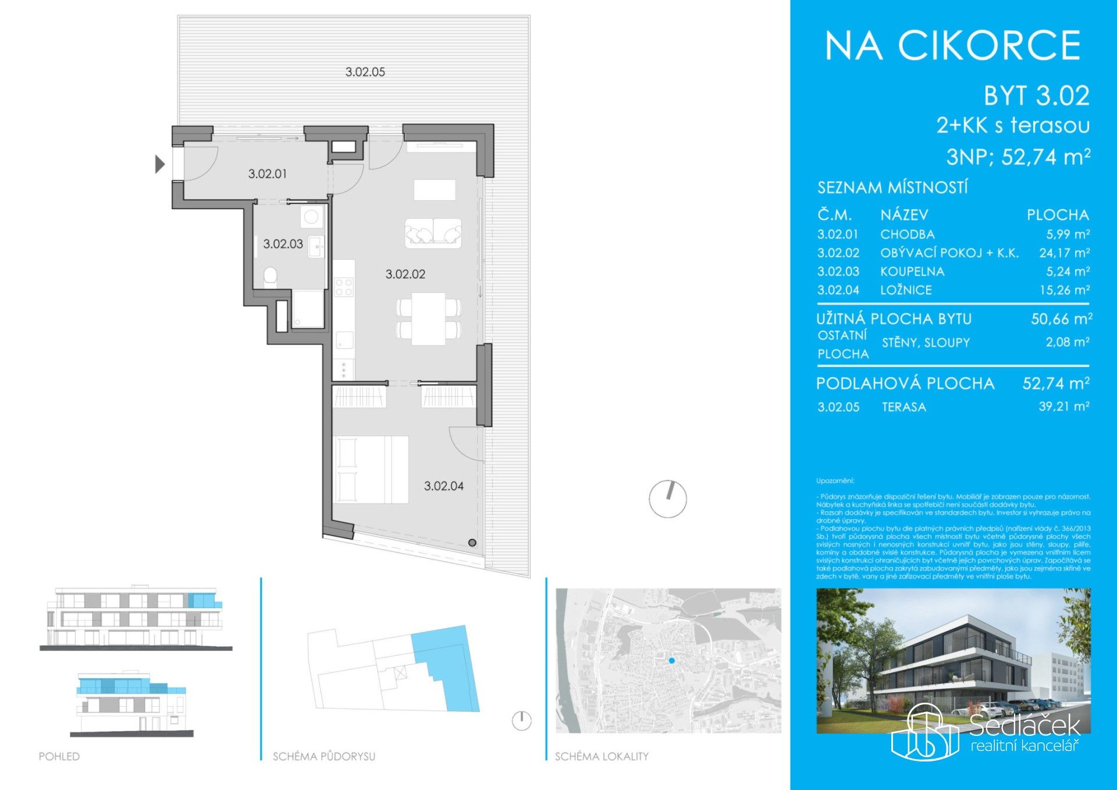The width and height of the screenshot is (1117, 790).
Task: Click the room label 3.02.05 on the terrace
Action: pos(365,72)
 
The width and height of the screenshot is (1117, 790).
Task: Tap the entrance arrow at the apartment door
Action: pos(159,164)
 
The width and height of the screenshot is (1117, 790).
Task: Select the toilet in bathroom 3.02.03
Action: pos(271,277)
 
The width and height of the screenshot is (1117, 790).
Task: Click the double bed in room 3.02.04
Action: pos(370,469)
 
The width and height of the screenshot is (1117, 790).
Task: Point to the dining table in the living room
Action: pos(429,319)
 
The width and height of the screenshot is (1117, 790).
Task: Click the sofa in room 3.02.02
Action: pos(433,233)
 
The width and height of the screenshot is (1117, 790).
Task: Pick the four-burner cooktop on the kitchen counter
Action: pos(344,286)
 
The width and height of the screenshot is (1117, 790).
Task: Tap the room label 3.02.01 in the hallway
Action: pos(267,173)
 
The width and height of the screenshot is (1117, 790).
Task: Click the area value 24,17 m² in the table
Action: pos(1064,253)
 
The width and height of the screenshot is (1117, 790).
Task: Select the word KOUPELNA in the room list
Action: pos(912,271)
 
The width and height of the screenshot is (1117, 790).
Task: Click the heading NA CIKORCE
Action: pos(952,46)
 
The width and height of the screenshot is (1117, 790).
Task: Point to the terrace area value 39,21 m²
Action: pos(1063,406)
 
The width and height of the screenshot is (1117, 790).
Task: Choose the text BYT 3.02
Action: pos(1036,96)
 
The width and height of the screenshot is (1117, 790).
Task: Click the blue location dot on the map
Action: pos(671,661)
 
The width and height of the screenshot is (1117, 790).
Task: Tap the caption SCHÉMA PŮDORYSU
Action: pos(324,756)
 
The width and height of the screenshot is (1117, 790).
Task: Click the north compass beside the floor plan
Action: pos(668,499)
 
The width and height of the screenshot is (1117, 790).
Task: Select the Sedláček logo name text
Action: pos(1024,725)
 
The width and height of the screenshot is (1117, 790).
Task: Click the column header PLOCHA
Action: pos(1057,215)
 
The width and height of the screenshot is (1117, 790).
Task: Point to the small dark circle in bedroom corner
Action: pos(472,543)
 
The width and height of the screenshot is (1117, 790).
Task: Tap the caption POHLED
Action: pos(59,756)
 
